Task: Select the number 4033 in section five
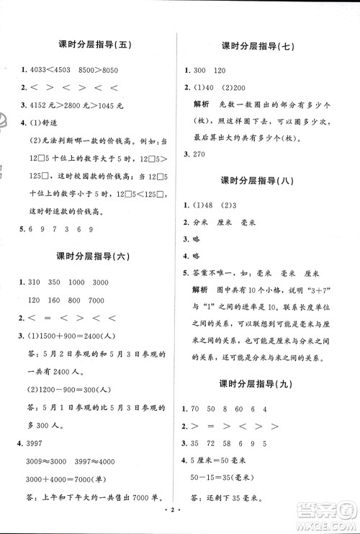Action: point(35,71)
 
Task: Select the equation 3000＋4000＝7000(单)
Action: point(72,458)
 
